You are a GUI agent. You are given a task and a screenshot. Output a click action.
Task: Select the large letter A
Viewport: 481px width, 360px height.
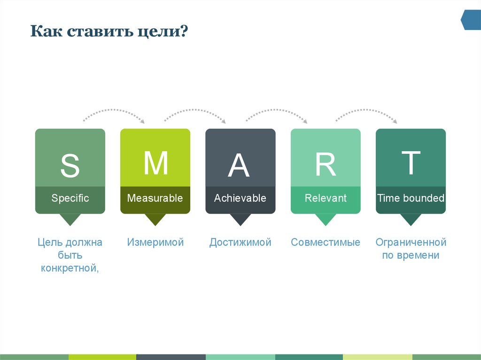click(x=239, y=166)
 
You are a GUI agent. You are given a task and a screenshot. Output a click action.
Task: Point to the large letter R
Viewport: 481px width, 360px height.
click(x=325, y=165)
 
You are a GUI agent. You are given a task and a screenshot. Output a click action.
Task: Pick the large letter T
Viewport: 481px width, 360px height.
click(x=411, y=163)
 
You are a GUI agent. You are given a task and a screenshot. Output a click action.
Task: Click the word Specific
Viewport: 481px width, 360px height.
click(x=70, y=198)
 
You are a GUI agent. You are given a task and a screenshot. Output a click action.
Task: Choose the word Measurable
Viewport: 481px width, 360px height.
click(x=155, y=198)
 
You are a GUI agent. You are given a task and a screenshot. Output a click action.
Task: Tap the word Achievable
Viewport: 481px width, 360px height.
click(x=240, y=198)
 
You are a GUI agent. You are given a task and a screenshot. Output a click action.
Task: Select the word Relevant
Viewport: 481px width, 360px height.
click(x=326, y=198)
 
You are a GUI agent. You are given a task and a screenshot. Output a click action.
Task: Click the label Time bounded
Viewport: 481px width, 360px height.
click(x=411, y=198)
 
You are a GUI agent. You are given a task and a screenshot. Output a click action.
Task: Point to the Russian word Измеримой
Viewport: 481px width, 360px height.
click(x=155, y=243)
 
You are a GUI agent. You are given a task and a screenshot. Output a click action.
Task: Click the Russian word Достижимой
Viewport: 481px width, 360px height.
click(x=240, y=243)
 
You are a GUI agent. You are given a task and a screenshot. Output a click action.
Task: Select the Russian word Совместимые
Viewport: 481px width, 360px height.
click(x=326, y=243)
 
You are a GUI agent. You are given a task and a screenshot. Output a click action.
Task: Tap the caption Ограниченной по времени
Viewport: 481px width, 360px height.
click(x=411, y=249)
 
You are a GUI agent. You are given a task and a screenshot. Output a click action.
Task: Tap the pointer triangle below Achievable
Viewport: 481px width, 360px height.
click(x=240, y=219)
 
